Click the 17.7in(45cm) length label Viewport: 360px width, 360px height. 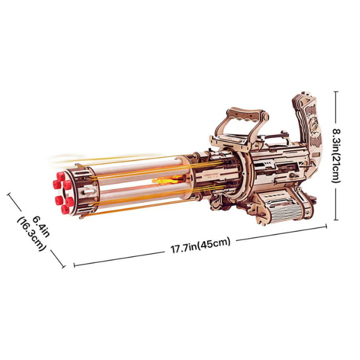(200, 245)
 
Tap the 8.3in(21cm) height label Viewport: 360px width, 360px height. (337, 155)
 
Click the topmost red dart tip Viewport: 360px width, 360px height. (61, 176)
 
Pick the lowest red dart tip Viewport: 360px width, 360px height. (65, 209)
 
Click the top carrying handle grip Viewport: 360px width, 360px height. (245, 113)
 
